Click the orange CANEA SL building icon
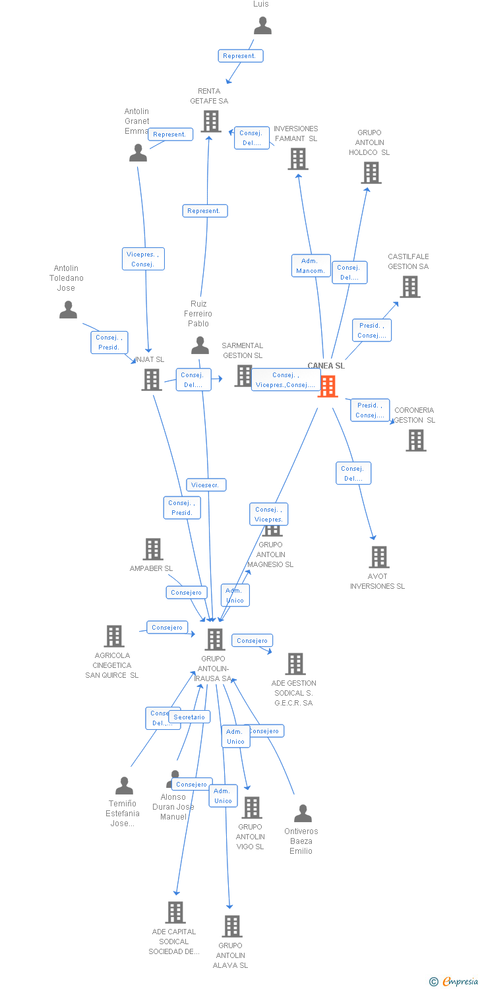click(x=328, y=386)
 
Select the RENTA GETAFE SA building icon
click(x=211, y=121)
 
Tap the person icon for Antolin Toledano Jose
click(x=68, y=310)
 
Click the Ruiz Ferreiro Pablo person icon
click(x=200, y=345)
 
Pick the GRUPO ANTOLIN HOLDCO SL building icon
click(x=371, y=173)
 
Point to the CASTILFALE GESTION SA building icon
click(x=410, y=287)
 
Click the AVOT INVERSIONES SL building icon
click(x=379, y=557)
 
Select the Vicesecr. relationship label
click(x=206, y=485)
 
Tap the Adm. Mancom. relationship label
click(x=311, y=266)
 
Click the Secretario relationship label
click(x=190, y=717)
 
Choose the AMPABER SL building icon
click(x=153, y=549)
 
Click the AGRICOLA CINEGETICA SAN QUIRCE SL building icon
click(x=114, y=636)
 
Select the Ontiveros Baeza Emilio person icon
click(x=303, y=814)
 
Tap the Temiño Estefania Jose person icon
click(x=124, y=786)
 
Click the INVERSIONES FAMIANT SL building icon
click(x=298, y=159)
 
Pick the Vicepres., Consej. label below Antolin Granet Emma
click(x=143, y=259)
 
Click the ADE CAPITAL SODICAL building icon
click(x=175, y=913)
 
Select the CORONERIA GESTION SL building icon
click(x=416, y=440)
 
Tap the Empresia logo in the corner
click(x=454, y=982)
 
